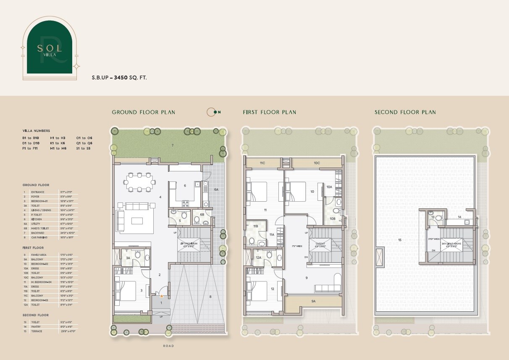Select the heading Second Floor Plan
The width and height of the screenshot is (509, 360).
tap(405, 112)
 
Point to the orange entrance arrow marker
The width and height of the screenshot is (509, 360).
tap(161, 296)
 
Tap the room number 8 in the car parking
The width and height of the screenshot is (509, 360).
tap(210, 297)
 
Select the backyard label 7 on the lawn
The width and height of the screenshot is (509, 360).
tap(172, 145)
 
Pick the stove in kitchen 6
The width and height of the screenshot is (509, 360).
tap(185, 204)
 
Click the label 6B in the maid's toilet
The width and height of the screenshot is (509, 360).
tap(202, 215)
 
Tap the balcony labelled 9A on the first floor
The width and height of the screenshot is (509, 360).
tap(313, 301)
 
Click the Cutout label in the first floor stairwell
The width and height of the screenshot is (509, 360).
tap(318, 244)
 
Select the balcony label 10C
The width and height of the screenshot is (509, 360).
tap(317, 163)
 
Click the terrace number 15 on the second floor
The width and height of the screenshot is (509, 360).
tap(399, 240)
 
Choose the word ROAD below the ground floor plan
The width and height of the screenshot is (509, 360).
tap(169, 346)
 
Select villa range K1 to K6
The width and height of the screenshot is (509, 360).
tap(58, 143)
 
